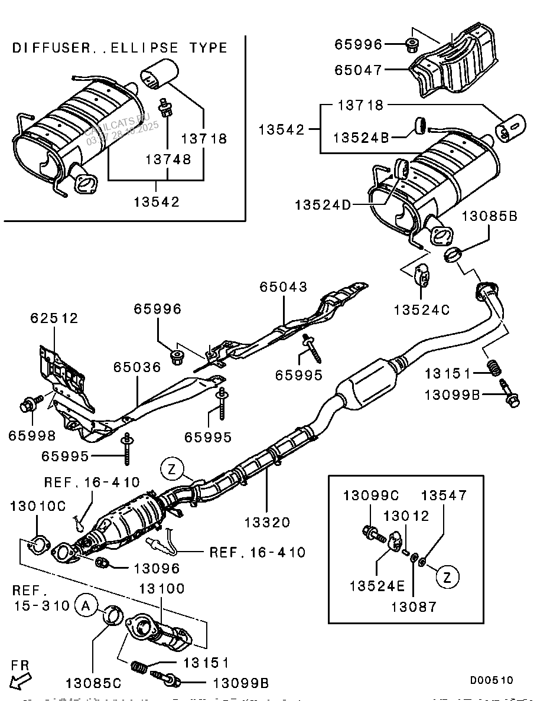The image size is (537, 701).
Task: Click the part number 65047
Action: tap(359, 70)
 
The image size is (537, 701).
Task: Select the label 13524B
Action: tap(361, 138)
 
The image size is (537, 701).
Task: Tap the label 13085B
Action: tap(489, 217)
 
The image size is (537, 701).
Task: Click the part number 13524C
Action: tap(422, 308)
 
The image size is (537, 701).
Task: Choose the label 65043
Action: tap(284, 287)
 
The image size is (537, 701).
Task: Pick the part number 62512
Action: tap(54, 318)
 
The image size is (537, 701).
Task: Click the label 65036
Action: tap(137, 367)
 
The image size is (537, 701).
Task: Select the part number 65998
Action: tap(32, 436)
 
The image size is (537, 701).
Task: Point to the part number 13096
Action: tap(157, 569)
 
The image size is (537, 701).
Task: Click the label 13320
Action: tap(268, 522)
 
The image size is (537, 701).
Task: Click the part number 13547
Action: tap(444, 495)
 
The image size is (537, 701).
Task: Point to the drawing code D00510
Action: tap(492, 680)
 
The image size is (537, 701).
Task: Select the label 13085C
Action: tap(93, 683)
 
